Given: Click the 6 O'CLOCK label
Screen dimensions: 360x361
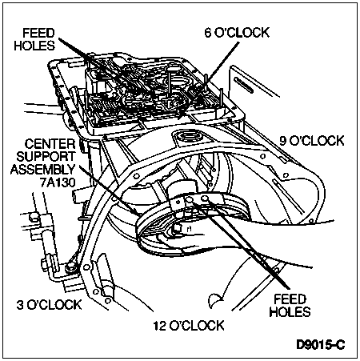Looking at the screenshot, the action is [237, 33].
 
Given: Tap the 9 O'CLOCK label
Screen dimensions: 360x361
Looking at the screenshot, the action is [312, 141].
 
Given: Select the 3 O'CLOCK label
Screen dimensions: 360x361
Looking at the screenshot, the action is [49, 305].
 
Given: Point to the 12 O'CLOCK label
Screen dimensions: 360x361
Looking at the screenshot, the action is [189, 326].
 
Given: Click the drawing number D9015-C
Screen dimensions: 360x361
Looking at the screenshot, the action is [321, 345].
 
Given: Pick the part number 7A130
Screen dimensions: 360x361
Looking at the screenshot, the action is [58, 183].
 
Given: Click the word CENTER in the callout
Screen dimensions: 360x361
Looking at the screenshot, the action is [50, 144].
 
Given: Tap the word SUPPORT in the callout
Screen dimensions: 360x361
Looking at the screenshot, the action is [46, 157].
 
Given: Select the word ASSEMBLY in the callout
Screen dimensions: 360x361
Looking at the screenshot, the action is [43, 170].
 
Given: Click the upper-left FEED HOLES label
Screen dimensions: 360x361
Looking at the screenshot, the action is [34, 39].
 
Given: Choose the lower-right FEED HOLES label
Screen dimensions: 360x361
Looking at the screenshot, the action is [290, 306].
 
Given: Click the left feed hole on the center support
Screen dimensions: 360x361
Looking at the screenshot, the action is [190, 199].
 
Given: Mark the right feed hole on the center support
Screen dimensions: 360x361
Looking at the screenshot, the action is [205, 199].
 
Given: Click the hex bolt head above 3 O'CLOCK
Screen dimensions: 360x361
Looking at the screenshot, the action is [70, 267].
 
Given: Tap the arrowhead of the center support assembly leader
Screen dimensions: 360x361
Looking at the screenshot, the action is [135, 212].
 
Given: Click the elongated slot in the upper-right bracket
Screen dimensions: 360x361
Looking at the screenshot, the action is [243, 85].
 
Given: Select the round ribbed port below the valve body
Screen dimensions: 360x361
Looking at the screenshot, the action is [190, 137].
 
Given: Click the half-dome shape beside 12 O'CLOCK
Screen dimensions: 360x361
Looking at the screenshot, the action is [215, 299].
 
